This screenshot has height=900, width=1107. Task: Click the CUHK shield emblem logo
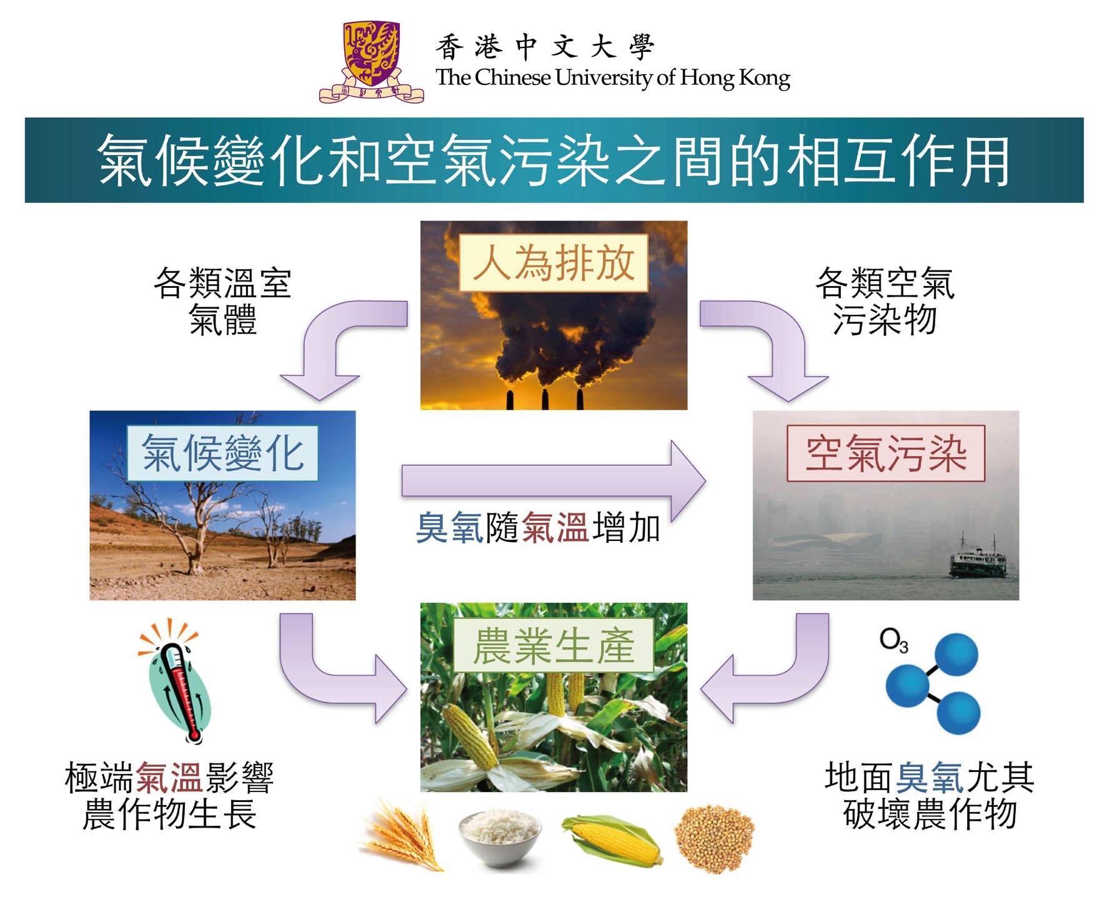pos(371,62)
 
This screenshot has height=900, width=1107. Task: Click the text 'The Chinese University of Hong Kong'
pos(613,77)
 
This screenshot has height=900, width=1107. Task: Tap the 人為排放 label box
pos(553,263)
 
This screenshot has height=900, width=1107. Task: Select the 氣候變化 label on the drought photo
pos(222,453)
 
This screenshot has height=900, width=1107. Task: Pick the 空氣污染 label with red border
pos(886,453)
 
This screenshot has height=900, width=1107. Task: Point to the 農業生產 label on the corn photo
pos(553,645)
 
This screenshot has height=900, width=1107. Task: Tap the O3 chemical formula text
pos(894,641)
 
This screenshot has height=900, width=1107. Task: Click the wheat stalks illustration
pos(403,834)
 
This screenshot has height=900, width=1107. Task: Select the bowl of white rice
pos(499,837)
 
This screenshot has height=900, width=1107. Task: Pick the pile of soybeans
pos(714,838)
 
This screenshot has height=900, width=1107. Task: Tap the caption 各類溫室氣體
pos(222,301)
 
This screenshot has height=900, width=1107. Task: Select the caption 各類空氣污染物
pos(885,301)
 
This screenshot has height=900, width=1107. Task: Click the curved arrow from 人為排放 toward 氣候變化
pos(325,331)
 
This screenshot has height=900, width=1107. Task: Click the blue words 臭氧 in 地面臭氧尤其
pos(930,778)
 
